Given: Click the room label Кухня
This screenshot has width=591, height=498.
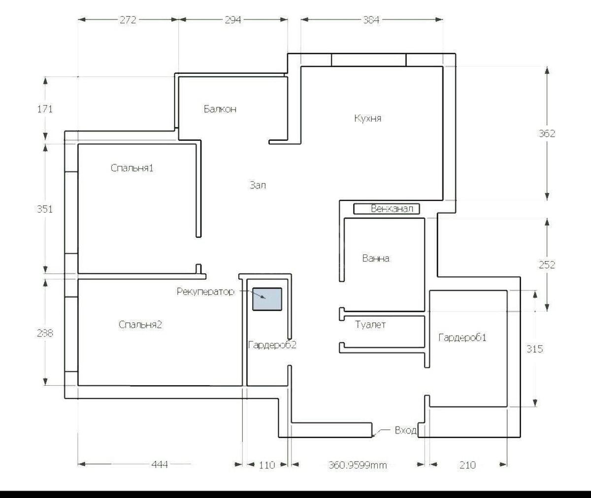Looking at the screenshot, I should [367, 119].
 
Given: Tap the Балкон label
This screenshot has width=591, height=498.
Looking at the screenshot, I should [220, 109].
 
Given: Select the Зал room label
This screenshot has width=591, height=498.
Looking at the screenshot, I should [258, 186].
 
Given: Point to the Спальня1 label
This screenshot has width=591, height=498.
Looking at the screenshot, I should [132, 168].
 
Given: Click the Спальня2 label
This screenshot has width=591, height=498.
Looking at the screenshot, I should [140, 325].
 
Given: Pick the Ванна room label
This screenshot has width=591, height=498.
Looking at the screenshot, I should [376, 258].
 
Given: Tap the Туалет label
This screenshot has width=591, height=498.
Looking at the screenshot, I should [370, 325].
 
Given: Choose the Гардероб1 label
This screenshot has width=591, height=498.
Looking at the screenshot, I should [462, 338].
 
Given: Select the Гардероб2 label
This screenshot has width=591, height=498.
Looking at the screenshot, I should [272, 345].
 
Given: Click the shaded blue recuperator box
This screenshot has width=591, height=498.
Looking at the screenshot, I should [267, 299].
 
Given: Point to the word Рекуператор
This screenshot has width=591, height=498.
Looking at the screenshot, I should [205, 292].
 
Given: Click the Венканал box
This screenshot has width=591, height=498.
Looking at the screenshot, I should [387, 209].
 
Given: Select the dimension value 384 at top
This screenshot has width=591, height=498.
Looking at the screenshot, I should [371, 20].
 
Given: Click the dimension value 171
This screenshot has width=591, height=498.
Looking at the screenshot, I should [45, 109].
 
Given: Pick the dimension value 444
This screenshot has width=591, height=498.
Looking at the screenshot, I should [160, 465].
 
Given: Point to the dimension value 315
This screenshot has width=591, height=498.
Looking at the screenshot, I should [535, 349].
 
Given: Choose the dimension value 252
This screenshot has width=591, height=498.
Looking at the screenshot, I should [547, 265].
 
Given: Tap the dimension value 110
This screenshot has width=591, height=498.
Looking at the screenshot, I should [266, 465].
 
